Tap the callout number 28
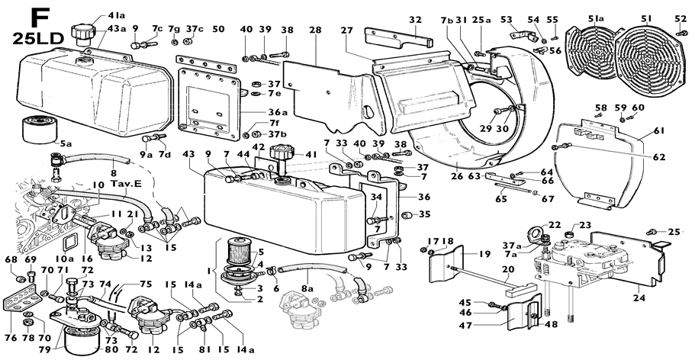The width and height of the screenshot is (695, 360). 315,30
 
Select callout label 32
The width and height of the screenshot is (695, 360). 415,20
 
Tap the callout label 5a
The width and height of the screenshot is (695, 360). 66,143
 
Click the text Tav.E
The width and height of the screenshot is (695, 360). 124,184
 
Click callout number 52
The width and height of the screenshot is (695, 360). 681,19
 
